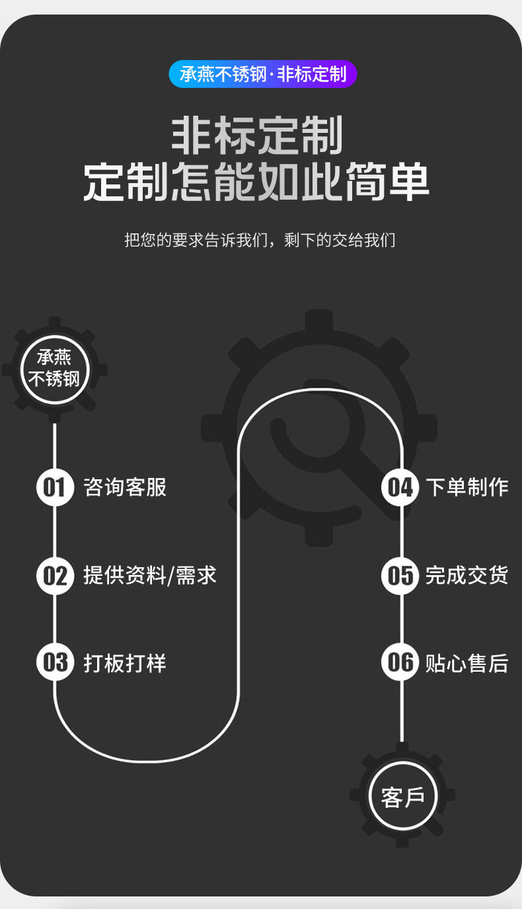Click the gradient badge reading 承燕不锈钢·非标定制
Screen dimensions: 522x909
[262, 74]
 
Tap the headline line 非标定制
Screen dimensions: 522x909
[257, 136]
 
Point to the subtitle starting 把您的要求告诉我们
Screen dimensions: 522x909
[260, 239]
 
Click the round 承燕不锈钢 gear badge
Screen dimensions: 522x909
[54, 369]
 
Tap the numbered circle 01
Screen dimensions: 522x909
[55, 487]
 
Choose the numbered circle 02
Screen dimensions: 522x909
[55, 575]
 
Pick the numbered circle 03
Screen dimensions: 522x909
[55, 662]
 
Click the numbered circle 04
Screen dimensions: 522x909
[400, 487]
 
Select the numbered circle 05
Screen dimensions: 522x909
[400, 575]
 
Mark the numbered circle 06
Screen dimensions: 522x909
[400, 662]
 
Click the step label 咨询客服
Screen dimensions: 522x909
[125, 487]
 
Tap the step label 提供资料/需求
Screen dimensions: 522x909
[150, 575]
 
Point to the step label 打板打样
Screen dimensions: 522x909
[125, 662]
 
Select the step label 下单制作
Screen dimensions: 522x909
[466, 487]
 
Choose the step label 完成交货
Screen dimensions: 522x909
[466, 575]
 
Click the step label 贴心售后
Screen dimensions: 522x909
[466, 662]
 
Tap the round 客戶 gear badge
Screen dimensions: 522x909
[402, 797]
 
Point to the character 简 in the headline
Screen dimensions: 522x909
[365, 182]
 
